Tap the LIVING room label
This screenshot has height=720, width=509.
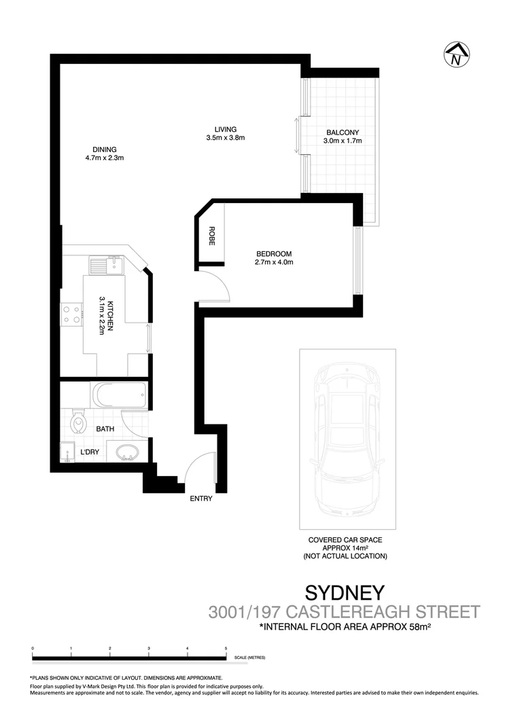pyautogui.click(x=225, y=129)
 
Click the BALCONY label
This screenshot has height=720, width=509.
pyautogui.click(x=342, y=132)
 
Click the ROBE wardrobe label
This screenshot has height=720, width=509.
pyautogui.click(x=212, y=235)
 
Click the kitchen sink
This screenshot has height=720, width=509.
pyautogui.click(x=106, y=262)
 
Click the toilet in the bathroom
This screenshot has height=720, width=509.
pyautogui.click(x=79, y=422)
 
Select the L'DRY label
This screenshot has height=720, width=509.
pyautogui.click(x=90, y=452)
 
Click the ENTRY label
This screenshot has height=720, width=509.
pyautogui.click(x=201, y=499)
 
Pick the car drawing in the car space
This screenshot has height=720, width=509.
pyautogui.click(x=347, y=439)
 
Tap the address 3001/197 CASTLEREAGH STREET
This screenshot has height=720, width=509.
pyautogui.click(x=344, y=611)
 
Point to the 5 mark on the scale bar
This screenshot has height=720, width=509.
pyautogui.click(x=226, y=649)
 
